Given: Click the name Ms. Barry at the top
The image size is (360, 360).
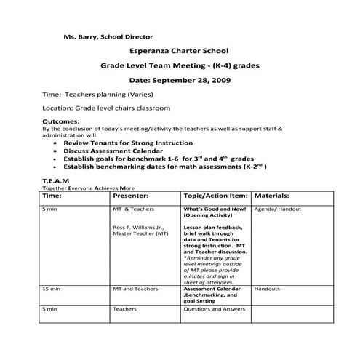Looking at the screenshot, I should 79,35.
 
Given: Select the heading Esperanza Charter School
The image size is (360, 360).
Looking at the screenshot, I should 179,51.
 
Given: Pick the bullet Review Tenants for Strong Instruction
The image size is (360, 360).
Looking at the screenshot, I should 128,143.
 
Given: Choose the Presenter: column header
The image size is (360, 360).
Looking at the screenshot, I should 131,196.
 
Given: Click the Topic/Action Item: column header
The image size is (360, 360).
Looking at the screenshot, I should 215,196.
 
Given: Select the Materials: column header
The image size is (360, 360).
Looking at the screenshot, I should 272,196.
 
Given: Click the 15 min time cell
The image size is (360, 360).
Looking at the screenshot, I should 51,289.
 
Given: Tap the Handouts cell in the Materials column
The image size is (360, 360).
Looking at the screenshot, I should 268,289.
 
